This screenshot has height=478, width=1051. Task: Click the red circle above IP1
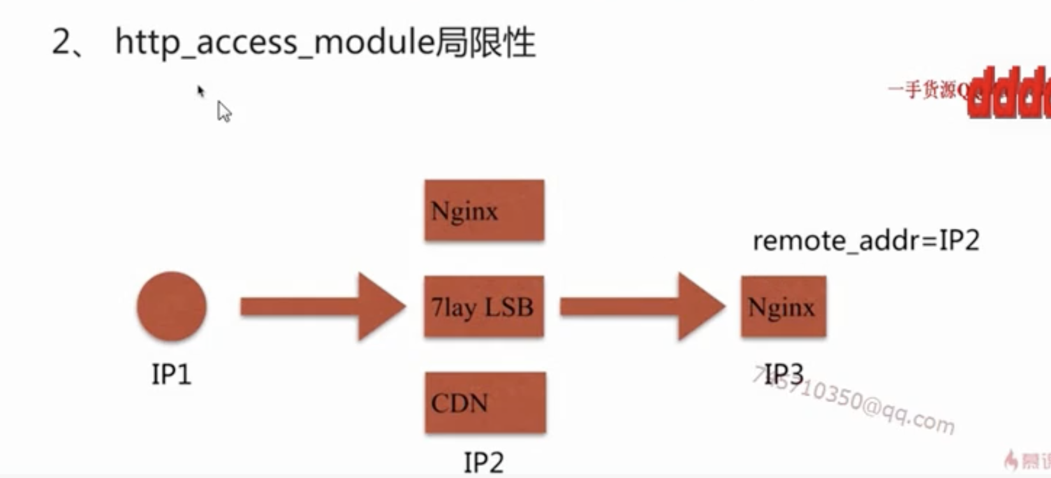click(x=172, y=307)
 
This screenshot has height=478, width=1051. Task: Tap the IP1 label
click(x=171, y=374)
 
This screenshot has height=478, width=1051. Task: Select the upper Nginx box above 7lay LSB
click(x=484, y=210)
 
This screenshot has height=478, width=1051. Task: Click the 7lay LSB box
click(x=484, y=307)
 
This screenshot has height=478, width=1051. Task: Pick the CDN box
click(x=485, y=403)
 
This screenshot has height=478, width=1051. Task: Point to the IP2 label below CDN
click(x=483, y=462)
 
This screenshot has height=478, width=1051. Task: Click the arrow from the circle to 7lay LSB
click(x=322, y=307)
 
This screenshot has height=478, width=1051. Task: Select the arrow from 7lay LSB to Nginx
click(x=642, y=307)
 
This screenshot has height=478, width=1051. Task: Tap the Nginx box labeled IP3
click(x=783, y=307)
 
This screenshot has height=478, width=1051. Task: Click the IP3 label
click(x=783, y=374)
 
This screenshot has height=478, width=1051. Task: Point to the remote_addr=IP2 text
click(x=865, y=241)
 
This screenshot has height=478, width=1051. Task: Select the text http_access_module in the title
click(x=275, y=43)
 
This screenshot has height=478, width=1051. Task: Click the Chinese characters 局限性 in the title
click(x=485, y=43)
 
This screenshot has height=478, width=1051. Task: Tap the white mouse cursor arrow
click(x=224, y=112)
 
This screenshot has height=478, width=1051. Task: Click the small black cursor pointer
click(x=200, y=91)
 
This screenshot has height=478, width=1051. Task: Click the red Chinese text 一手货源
click(x=922, y=90)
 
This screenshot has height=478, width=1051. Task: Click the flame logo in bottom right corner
click(x=1011, y=460)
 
